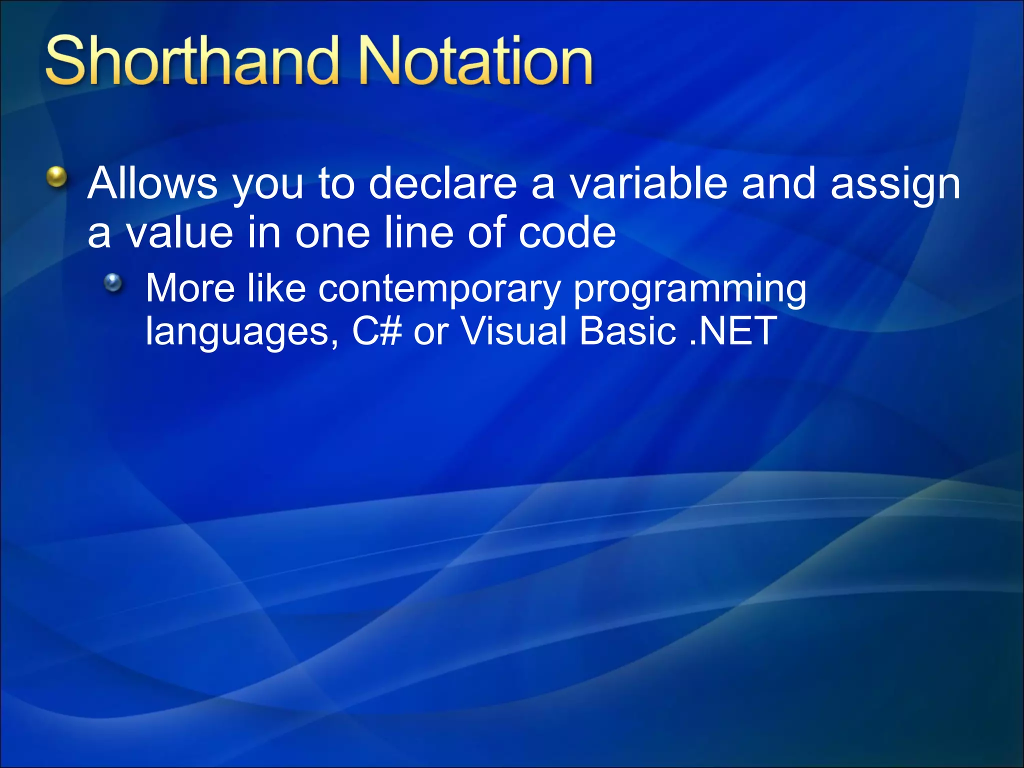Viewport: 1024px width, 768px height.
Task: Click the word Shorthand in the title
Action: pyautogui.click(x=190, y=61)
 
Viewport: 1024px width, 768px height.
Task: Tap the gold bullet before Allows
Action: pyautogui.click(x=56, y=177)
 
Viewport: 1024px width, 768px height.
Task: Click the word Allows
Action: pyautogui.click(x=152, y=183)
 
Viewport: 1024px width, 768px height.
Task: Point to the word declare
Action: pyautogui.click(x=442, y=183)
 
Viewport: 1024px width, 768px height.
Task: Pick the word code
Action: pyautogui.click(x=567, y=232)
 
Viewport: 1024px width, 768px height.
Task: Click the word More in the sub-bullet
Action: pyautogui.click(x=190, y=288)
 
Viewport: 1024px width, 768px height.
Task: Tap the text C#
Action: pyautogui.click(x=376, y=331)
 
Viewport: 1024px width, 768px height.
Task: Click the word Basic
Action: pyautogui.click(x=628, y=331)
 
